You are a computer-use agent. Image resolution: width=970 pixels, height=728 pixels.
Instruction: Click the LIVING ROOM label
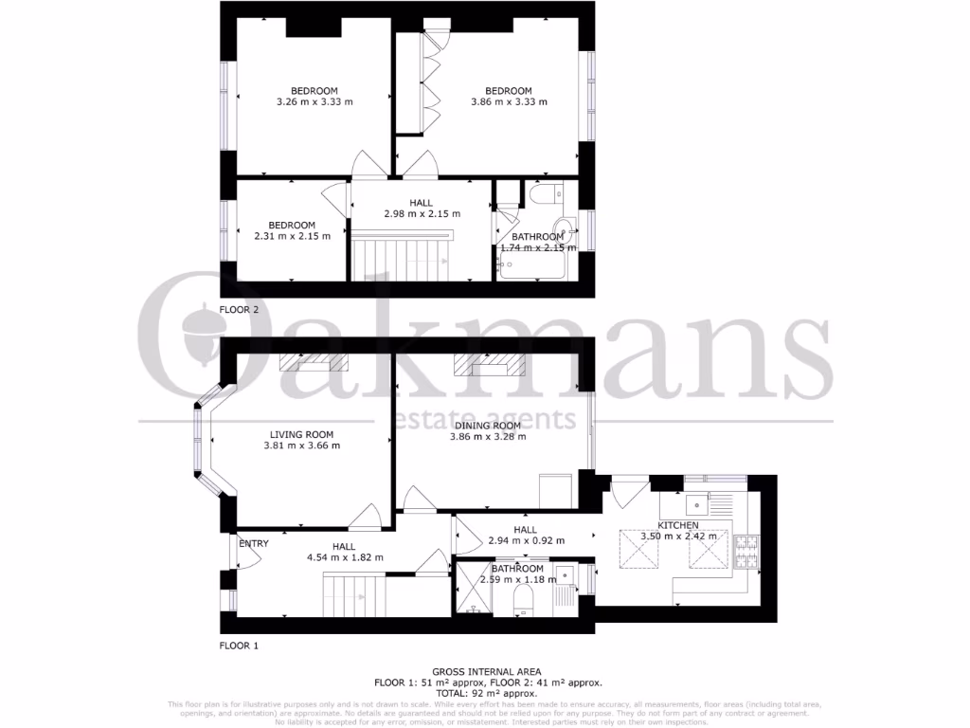[x=301, y=433]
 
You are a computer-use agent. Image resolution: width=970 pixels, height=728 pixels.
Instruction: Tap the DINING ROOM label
[x=487, y=426]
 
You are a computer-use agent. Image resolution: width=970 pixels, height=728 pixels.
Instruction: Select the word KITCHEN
[x=678, y=525]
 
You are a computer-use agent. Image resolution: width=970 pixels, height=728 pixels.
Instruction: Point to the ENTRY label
[x=254, y=544]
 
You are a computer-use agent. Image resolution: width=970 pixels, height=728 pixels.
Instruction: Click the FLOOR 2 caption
[x=239, y=310]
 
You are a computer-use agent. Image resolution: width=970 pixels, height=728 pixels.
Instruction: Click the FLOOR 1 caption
[x=239, y=646]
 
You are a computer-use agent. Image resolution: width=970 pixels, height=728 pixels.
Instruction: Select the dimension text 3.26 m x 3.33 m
[x=314, y=102]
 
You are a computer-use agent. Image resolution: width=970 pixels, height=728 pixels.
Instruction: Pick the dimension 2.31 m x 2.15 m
[x=292, y=236]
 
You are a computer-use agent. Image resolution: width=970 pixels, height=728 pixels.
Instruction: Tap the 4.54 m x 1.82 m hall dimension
[x=344, y=558]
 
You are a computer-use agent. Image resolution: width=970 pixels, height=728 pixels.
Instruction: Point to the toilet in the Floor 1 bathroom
[x=521, y=598]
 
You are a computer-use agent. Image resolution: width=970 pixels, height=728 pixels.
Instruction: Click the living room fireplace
[x=314, y=363]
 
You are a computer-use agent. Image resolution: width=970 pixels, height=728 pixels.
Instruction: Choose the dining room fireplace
[x=488, y=364]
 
